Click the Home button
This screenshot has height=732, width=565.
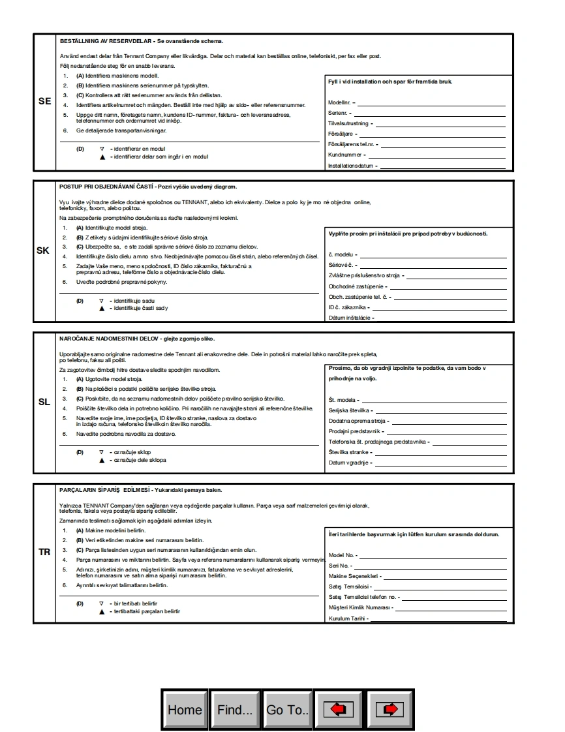click(185, 710)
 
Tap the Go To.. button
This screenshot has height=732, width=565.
click(287, 710)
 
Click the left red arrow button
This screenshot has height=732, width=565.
click(338, 710)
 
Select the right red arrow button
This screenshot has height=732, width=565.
click(390, 710)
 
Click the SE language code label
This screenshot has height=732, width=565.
click(44, 101)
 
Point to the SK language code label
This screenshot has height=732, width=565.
click(43, 251)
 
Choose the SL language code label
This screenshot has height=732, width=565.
click(44, 402)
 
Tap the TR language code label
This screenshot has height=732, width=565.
click(44, 552)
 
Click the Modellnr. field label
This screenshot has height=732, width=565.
click(340, 103)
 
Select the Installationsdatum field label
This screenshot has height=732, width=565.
click(350, 166)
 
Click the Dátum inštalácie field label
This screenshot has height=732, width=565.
click(349, 318)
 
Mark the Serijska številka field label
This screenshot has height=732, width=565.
click(349, 410)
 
